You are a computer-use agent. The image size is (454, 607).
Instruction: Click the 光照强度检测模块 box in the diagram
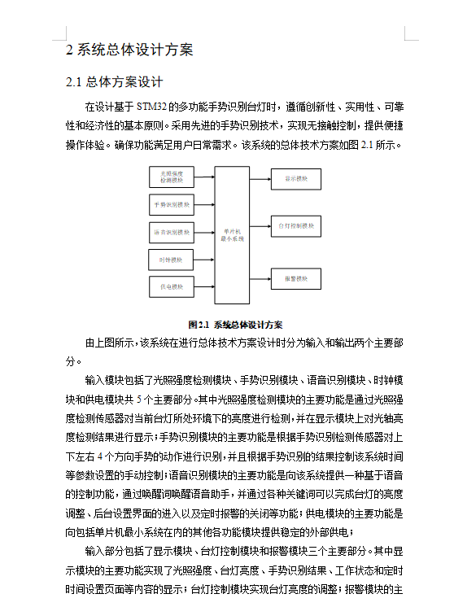pos(172,176)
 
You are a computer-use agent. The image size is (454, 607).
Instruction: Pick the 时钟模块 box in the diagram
pos(172,260)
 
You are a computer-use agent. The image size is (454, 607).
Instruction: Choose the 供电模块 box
pos(172,287)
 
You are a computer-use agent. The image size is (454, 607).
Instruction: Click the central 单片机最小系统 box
pos(232,234)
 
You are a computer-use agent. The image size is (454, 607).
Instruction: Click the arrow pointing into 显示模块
pos(260,177)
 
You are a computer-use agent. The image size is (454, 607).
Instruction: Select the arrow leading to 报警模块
pos(260,279)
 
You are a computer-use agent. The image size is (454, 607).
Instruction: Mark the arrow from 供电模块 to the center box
pos(204,287)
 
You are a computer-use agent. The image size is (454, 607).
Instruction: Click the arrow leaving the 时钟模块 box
pos(204,260)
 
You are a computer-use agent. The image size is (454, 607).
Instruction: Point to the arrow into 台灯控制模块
pos(260,225)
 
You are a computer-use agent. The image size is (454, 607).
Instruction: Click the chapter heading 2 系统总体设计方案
pos(129,50)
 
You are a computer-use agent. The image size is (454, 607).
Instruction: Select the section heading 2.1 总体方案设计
pos(115,82)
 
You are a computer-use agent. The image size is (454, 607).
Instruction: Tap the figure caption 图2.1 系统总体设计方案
pos(235,323)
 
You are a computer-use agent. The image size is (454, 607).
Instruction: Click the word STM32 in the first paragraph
pos(152,107)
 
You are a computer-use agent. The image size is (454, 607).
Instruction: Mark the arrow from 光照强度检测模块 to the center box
pos(204,176)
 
